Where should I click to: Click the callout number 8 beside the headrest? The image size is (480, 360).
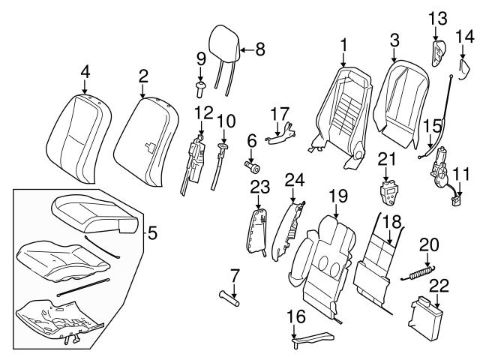point(260,50)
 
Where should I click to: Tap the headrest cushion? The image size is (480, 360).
point(223,40)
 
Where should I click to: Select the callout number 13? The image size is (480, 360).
point(437,17)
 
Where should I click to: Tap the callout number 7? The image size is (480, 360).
point(234,275)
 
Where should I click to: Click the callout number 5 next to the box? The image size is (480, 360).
point(152,233)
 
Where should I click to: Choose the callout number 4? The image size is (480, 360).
point(85,72)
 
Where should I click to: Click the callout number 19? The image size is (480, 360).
point(338,196)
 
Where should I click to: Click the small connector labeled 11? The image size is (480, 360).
point(457,199)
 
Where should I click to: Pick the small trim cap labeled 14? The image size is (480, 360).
point(464,70)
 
